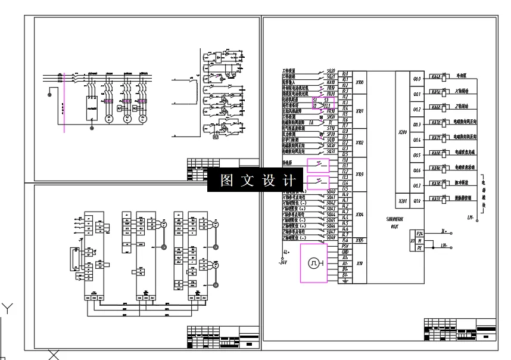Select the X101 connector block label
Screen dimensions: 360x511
point(360,111)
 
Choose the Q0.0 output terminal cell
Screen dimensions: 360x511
point(417,78)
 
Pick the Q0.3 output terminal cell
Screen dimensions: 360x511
point(417,125)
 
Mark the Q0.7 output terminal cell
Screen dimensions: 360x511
point(417,186)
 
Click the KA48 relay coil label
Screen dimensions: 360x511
point(435,77)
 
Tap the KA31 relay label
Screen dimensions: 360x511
point(435,198)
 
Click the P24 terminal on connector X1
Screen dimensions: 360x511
point(420,234)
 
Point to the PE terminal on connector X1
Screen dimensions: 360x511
point(420,247)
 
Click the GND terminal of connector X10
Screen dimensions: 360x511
point(345,252)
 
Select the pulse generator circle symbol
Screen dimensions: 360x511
point(314,263)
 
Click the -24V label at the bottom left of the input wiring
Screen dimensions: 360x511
point(283,262)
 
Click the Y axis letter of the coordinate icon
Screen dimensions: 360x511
point(7,308)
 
